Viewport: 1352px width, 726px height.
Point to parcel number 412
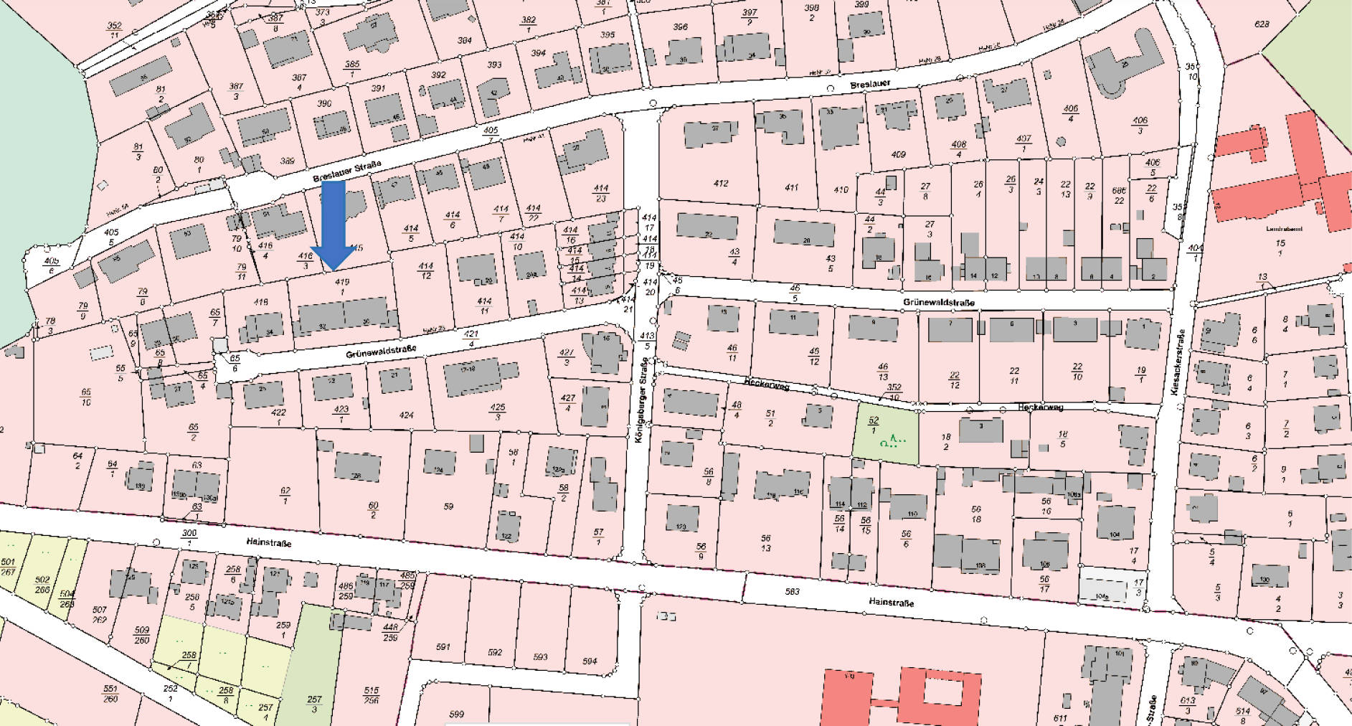coord(721,184)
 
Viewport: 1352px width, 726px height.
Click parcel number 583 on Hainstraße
coord(792,592)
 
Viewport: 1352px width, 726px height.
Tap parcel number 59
coord(448,506)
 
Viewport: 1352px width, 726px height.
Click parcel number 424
coord(406,415)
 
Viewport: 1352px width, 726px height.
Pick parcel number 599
coord(456,715)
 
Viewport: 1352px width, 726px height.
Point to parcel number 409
coord(898,154)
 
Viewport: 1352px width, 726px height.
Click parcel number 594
coord(590,661)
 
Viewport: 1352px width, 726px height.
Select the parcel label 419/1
coord(341,286)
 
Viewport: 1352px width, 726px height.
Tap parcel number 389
coord(287,161)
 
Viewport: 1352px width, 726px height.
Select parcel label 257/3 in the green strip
coord(314,703)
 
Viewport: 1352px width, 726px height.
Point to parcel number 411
coord(791,187)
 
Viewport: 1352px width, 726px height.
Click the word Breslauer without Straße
coord(870,85)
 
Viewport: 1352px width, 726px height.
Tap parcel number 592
coord(495,653)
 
